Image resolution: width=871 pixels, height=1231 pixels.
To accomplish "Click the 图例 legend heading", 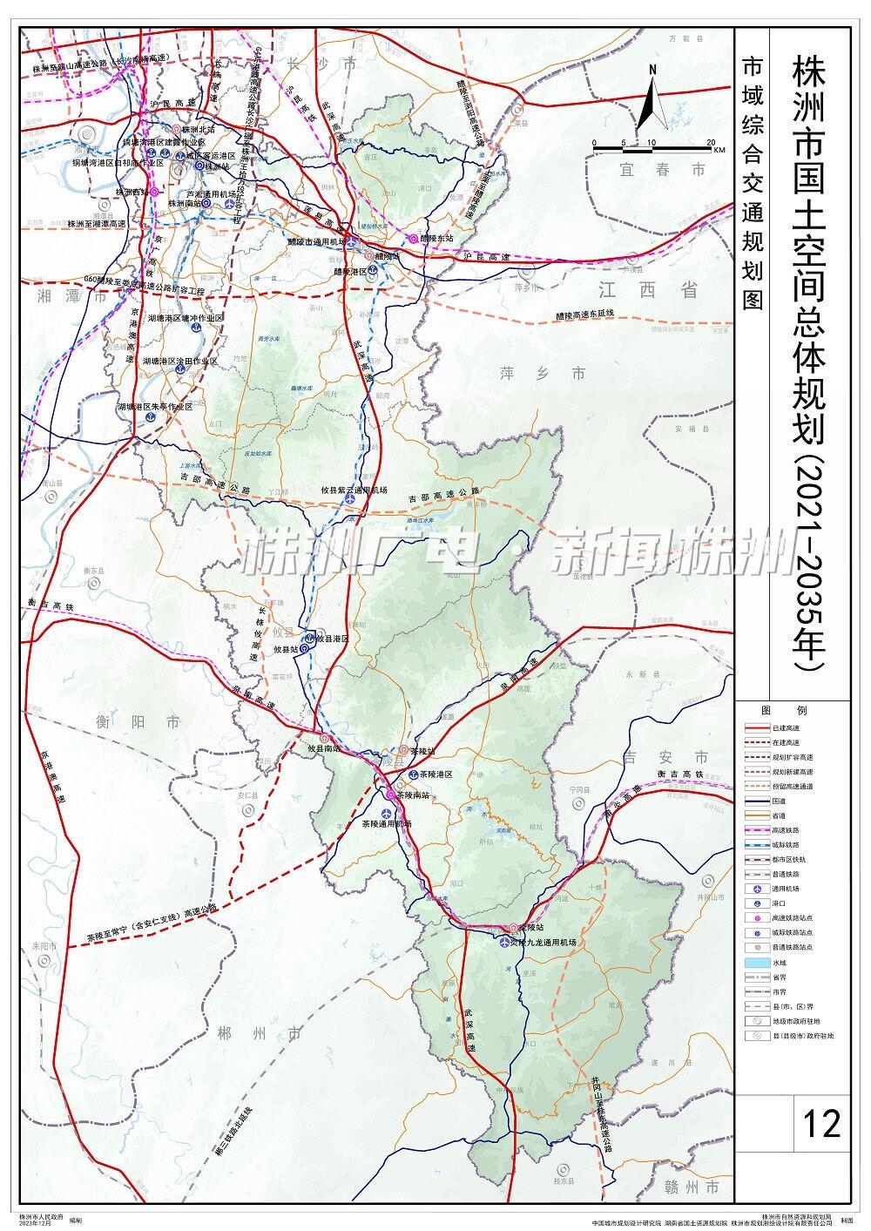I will click(x=773, y=710).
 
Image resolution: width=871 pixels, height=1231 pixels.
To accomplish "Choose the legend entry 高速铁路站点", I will click(x=792, y=916).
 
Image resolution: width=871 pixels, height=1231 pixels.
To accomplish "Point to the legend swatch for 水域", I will click(x=756, y=963).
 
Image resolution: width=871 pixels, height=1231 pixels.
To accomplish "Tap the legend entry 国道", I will click(x=780, y=800).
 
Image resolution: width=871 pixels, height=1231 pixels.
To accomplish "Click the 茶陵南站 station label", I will click(x=414, y=795).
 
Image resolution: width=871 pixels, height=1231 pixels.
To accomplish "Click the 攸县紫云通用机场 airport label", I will click(x=354, y=490).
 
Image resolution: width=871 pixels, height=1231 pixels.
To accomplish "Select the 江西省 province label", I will click(x=643, y=290).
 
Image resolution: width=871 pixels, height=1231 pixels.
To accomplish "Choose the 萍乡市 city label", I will click(x=531, y=374).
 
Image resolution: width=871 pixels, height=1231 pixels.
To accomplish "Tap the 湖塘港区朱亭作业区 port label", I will click(x=156, y=406).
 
